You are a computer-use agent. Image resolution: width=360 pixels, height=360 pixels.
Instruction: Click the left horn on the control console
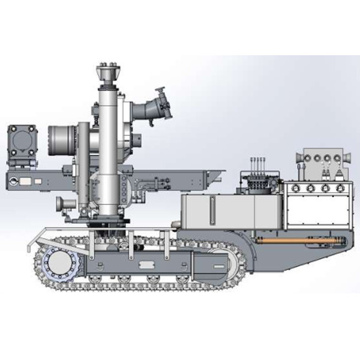click(302, 157)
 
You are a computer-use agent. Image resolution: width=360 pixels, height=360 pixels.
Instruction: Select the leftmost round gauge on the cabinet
click(294, 188)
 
